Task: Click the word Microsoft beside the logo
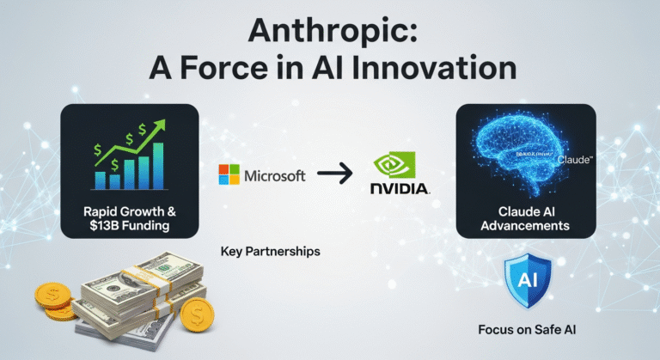coord(275,176)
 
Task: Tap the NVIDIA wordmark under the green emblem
coord(398,188)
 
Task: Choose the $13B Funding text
coord(129,224)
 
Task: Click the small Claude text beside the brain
coord(574,160)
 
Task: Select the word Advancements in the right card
coord(525,226)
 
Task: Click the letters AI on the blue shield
coord(525,280)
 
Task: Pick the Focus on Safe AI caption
coord(525,329)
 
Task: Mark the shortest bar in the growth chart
coord(101,180)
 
